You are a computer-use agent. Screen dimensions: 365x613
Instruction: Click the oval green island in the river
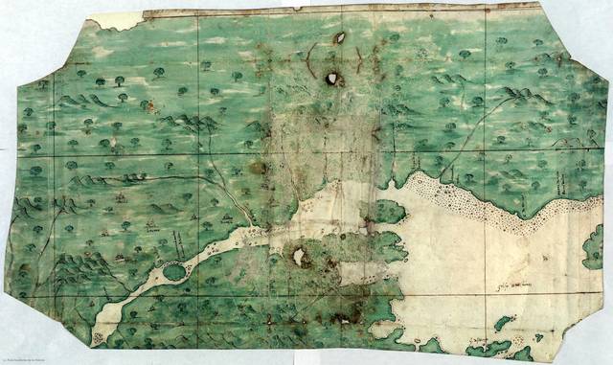(174, 272)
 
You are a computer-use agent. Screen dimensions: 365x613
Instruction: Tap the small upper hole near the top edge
(338, 39)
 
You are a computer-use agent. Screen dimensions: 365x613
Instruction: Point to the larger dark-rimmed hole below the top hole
(332, 80)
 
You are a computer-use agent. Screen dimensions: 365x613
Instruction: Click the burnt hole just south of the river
(301, 256)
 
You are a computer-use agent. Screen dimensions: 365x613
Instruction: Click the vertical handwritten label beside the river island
(178, 246)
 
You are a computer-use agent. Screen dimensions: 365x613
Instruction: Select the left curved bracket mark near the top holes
(309, 59)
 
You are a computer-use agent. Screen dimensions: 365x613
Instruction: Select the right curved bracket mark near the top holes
(357, 59)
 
